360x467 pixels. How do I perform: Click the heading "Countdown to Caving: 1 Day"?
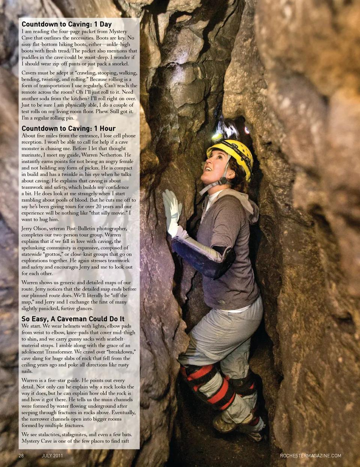click(x=66, y=24)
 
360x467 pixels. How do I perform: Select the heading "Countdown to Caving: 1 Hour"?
click(x=68, y=129)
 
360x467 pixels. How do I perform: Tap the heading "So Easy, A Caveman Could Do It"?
click(x=73, y=319)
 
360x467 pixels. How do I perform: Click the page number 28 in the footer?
click(x=21, y=456)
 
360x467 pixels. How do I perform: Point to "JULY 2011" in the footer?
click(x=52, y=456)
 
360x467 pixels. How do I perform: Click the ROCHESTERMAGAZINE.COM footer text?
click(x=310, y=456)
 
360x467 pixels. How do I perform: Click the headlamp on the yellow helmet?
click(x=217, y=137)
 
